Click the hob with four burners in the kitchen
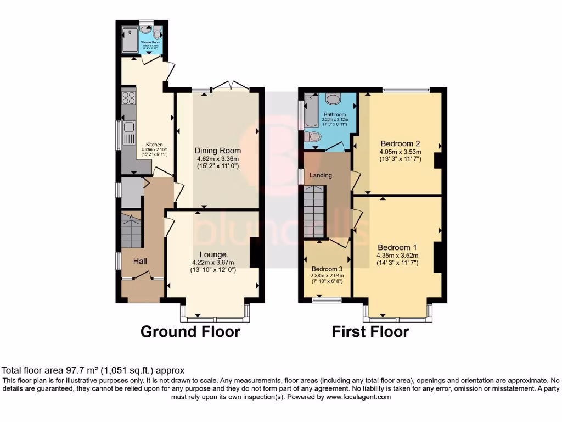[128, 98]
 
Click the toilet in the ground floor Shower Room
[157, 32]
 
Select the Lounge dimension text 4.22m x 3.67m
[213, 262]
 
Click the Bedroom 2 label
[400, 143]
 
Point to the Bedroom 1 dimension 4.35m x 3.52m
[397, 255]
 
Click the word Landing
[321, 175]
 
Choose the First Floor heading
[370, 332]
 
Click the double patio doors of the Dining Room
[231, 85]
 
